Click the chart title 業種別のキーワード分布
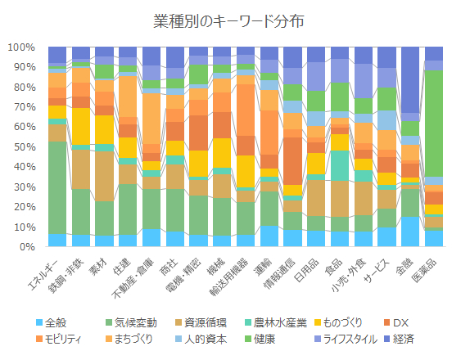coord(234,20)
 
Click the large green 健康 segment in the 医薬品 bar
coord(433,123)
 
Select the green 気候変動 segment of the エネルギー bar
coord(57,187)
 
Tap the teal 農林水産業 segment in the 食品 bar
coord(339,166)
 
